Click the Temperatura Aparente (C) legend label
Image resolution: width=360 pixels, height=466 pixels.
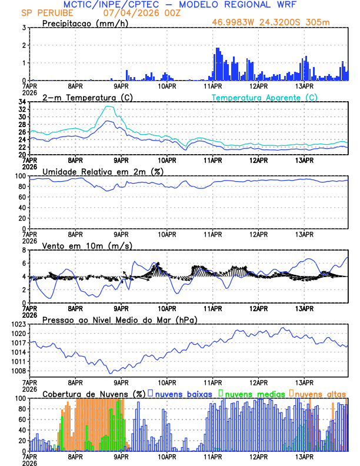[264, 97]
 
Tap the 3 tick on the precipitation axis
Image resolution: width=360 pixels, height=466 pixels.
[24, 28]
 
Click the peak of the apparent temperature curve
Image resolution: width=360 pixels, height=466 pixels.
[109, 106]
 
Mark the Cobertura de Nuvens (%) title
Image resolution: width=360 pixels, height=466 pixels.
[94, 394]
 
